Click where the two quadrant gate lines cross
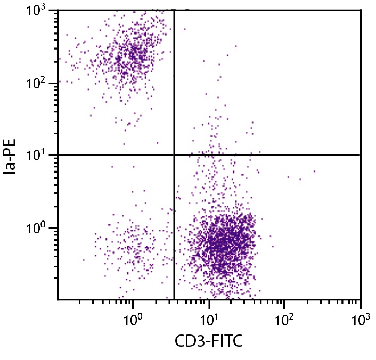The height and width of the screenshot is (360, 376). pyautogui.click(x=174, y=154)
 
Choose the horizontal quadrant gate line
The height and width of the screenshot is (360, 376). pyautogui.click(x=266, y=154)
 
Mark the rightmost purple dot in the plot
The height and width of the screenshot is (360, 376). pyautogui.click(x=314, y=171)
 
